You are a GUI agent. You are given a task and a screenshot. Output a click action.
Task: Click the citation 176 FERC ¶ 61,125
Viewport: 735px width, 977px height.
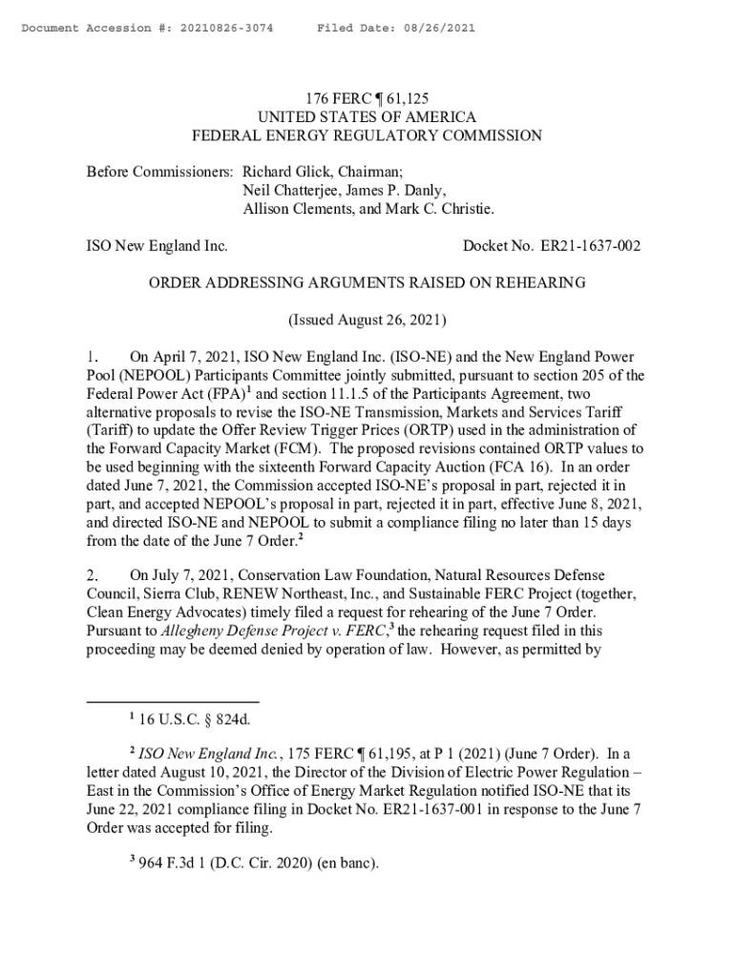[x=367, y=98]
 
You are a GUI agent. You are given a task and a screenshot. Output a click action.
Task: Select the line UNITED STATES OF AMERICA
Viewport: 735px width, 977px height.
[x=367, y=117]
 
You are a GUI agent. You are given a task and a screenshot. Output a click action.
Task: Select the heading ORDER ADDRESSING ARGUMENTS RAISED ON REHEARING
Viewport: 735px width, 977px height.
[x=367, y=282]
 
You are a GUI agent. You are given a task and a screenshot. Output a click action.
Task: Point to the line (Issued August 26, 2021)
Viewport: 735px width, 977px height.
[x=367, y=320]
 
